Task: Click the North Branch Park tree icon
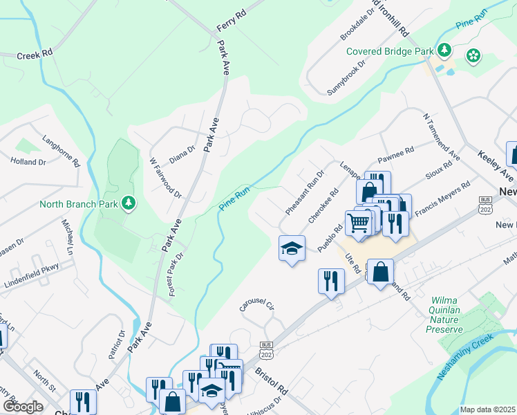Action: tap(128, 203)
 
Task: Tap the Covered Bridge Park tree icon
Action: tap(444, 50)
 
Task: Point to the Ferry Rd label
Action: tap(231, 19)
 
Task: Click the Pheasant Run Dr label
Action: tap(305, 192)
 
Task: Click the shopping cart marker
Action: tap(358, 223)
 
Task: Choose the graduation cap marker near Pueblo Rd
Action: tap(292, 247)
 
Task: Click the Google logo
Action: tap(23, 407)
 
